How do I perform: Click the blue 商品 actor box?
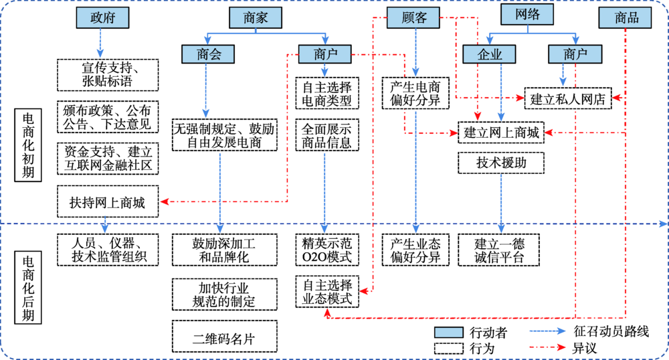(626, 18)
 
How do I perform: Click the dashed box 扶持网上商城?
(108, 201)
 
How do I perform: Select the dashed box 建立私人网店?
(568, 98)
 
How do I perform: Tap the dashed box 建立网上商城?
(501, 132)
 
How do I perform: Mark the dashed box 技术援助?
(501, 163)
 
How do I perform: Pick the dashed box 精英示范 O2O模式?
(327, 249)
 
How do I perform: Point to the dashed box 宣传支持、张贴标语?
(108, 74)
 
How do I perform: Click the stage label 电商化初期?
(29, 145)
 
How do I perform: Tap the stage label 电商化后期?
(29, 288)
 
